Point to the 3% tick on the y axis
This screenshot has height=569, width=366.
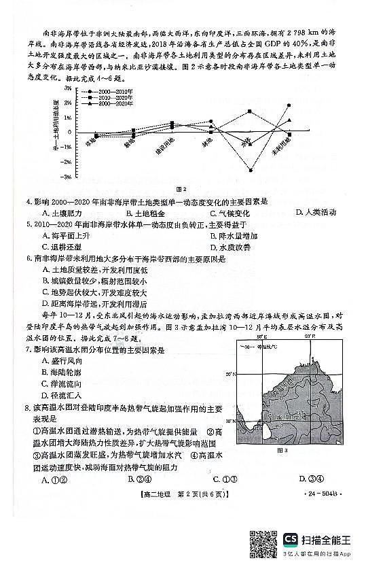click(x=69, y=88)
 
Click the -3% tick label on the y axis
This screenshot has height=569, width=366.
click(x=67, y=177)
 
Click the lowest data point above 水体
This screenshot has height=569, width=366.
click(x=251, y=170)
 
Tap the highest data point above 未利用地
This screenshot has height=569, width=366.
click(x=289, y=105)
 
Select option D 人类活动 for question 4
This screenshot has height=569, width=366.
click(x=316, y=213)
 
